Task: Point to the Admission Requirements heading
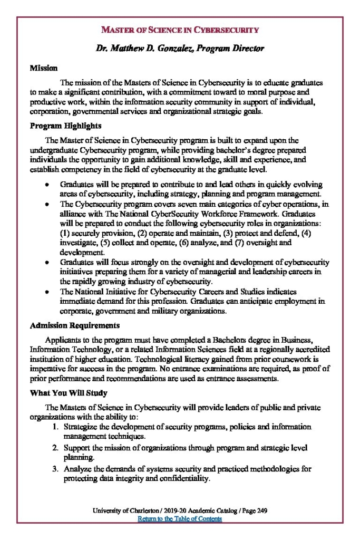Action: (74, 325)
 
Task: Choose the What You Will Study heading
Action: (69, 393)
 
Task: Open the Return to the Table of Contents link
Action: (180, 519)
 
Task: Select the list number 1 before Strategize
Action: (55, 427)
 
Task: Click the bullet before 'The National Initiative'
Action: (47, 292)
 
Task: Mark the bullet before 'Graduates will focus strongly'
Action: (47, 262)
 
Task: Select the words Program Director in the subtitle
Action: (233, 49)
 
